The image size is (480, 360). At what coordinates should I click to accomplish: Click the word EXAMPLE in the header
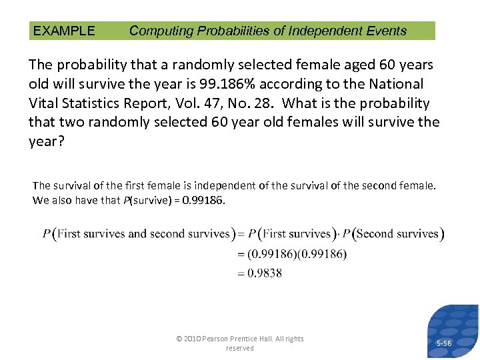pyautogui.click(x=64, y=31)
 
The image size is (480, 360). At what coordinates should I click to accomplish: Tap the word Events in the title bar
pyautogui.click(x=386, y=31)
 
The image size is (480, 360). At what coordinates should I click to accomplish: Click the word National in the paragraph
pyautogui.click(x=398, y=84)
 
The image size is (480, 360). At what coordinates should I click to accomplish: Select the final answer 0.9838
pyautogui.click(x=264, y=273)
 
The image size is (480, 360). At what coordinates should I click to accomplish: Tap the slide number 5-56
pyautogui.click(x=443, y=343)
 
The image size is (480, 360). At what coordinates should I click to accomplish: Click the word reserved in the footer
pyautogui.click(x=239, y=348)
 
